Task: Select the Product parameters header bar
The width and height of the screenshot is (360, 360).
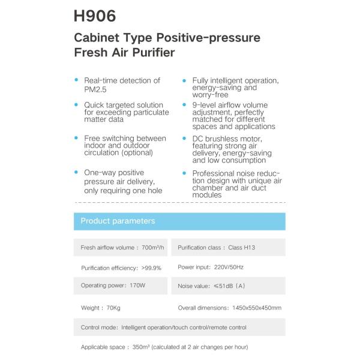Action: click(x=179, y=221)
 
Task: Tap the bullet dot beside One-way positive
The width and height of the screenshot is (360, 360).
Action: click(x=76, y=172)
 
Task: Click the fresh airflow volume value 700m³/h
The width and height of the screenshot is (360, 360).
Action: click(x=154, y=247)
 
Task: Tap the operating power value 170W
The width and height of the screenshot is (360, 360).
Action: click(x=137, y=286)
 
